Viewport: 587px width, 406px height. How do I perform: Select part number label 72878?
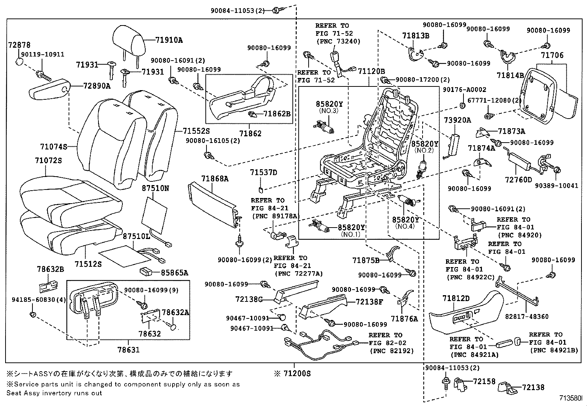click(19, 45)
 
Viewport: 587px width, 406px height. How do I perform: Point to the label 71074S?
click(53, 147)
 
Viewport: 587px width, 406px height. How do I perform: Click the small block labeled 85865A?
click(146, 272)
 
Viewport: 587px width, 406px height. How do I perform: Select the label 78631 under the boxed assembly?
click(128, 349)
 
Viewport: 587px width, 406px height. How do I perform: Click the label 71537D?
click(263, 173)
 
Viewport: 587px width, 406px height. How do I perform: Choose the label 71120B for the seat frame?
click(371, 71)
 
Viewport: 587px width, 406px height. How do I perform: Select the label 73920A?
click(457, 120)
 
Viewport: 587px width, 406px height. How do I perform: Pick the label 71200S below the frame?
click(297, 374)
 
